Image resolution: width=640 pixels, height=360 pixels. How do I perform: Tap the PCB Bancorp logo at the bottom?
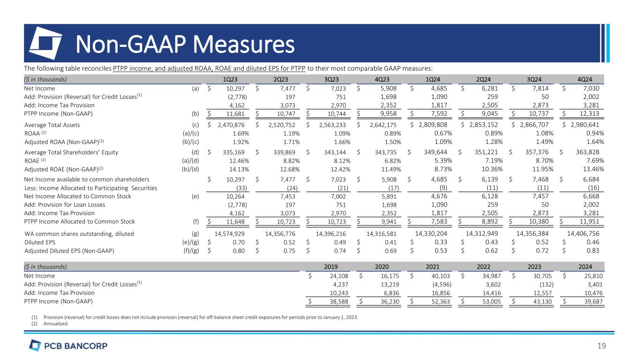[x=68, y=346]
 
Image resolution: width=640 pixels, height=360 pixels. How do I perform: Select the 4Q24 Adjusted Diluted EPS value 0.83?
[x=596, y=250]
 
